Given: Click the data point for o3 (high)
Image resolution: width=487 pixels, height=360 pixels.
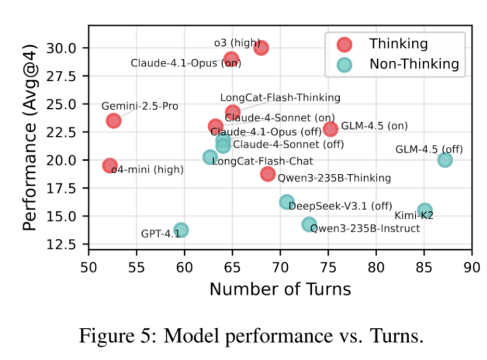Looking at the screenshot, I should [261, 48].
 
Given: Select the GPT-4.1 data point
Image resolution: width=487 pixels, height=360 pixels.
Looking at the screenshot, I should [181, 230].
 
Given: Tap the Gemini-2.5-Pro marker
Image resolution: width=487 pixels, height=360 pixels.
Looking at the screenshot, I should [113, 121].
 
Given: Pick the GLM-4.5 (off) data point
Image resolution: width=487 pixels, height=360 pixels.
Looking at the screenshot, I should [445, 160].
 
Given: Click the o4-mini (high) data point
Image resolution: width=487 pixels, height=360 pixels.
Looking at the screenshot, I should [110, 166].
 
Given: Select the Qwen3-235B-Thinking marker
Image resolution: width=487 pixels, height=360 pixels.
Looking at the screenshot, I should [268, 174].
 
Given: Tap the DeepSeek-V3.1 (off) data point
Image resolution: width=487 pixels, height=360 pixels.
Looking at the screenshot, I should [287, 202].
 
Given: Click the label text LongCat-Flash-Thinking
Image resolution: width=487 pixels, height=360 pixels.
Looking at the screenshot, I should [280, 97].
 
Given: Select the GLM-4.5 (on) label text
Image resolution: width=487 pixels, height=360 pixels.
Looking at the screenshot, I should [374, 126].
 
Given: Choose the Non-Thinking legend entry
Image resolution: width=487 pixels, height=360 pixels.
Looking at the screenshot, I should [414, 64].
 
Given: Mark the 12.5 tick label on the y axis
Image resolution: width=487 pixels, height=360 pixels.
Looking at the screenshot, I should [66, 244].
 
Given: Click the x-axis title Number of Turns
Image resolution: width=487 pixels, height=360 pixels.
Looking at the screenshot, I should [280, 289].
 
